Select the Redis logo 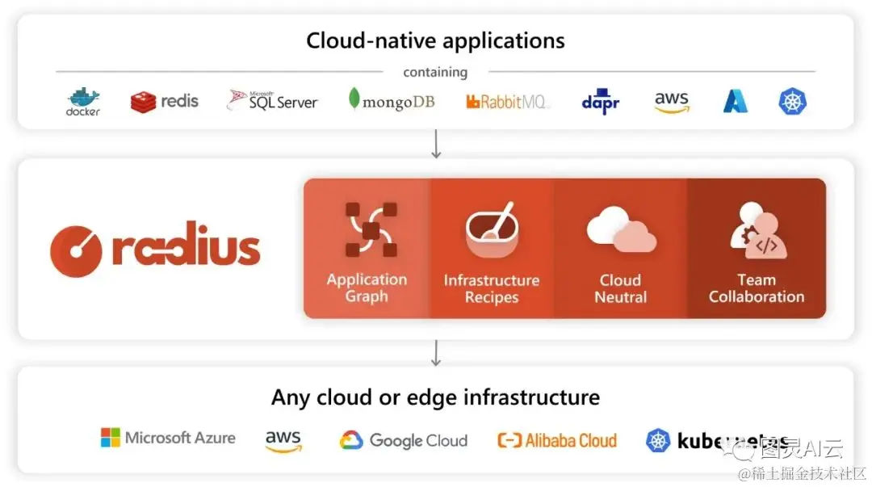[165, 102]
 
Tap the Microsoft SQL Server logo [273, 101]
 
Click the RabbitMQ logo [507, 102]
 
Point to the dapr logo [600, 103]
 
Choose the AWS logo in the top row [671, 102]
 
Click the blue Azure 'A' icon [735, 101]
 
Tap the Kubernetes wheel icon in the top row [793, 101]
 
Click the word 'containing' [435, 72]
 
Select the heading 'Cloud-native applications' [435, 40]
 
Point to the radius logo [155, 249]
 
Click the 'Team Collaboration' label [757, 288]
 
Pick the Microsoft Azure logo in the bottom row [168, 439]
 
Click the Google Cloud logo [403, 440]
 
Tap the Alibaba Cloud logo [557, 440]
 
